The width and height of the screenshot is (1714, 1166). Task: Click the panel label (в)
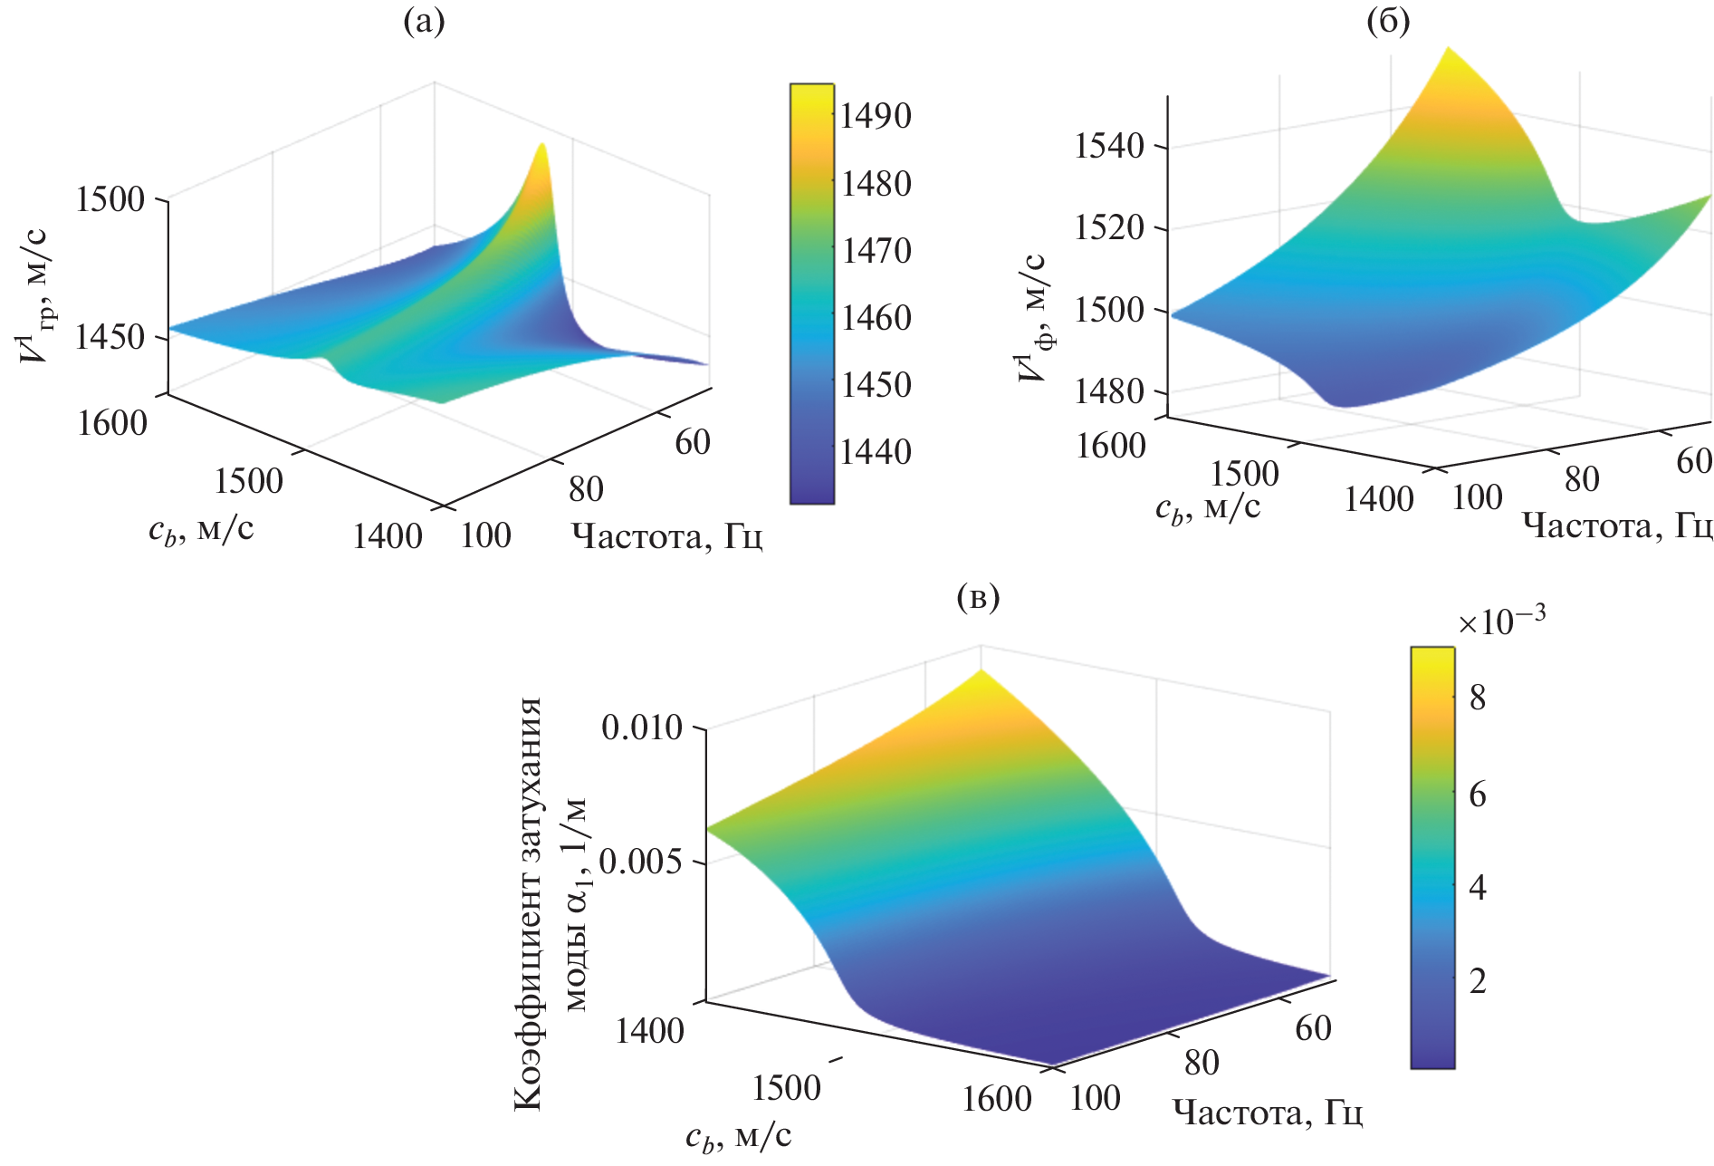pos(978,598)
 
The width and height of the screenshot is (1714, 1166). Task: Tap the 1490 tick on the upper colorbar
pos(876,117)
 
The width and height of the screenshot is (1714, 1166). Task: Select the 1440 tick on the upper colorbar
pos(876,452)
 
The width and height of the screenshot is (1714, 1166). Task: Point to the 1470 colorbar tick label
pos(876,251)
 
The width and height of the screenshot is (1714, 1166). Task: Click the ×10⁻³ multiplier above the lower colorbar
pos(1501,622)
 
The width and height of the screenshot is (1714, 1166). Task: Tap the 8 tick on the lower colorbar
pos(1478,698)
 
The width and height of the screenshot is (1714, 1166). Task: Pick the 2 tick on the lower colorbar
pos(1478,981)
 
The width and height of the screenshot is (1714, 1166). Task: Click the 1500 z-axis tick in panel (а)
pos(110,199)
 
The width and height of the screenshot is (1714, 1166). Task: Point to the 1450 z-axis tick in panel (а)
pos(110,338)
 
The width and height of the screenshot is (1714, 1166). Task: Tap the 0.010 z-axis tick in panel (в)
pos(641,728)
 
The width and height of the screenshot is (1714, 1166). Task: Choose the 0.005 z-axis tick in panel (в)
pos(641,862)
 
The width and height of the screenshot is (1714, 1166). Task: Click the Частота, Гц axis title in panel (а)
pos(666,537)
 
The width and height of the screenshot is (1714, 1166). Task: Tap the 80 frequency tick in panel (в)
pos(1202,1063)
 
